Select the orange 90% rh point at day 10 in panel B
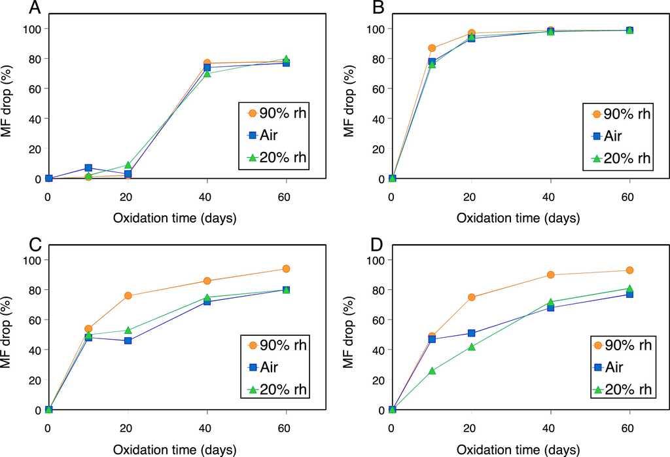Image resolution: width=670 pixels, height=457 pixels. (x=432, y=48)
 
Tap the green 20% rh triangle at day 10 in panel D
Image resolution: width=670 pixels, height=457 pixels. (x=432, y=371)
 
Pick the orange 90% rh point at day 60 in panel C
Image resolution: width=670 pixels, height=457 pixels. (x=286, y=268)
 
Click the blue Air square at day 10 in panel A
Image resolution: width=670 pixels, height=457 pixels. (x=88, y=168)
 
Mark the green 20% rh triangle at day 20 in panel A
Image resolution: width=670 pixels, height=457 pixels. (x=128, y=165)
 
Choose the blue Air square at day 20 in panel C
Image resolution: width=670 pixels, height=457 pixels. (x=128, y=340)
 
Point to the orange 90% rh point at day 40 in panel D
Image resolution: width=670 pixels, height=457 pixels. (x=550, y=275)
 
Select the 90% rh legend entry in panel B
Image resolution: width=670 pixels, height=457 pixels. (x=618, y=113)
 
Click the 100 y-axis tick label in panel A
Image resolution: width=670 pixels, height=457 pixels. (x=31, y=29)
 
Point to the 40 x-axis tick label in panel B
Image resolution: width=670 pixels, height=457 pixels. (x=550, y=196)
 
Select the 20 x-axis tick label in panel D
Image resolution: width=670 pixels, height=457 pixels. (x=471, y=428)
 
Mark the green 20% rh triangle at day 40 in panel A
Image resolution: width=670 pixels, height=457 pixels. (x=207, y=73)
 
